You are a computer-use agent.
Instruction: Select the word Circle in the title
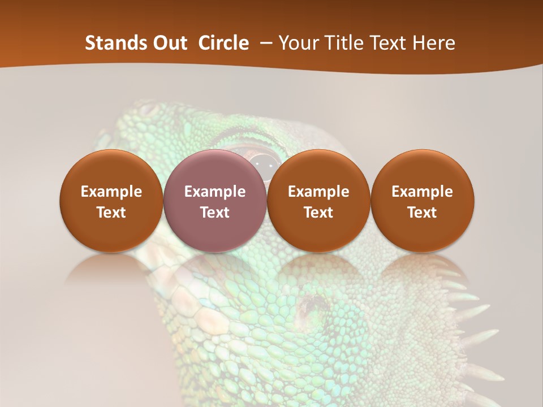(x=223, y=43)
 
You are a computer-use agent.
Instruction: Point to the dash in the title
(x=264, y=43)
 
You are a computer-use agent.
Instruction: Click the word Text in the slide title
(x=389, y=43)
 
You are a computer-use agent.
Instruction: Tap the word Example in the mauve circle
(x=215, y=192)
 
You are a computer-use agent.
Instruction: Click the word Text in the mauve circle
(x=215, y=213)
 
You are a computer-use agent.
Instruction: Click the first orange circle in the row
(x=111, y=201)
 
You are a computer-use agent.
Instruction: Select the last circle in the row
(x=422, y=201)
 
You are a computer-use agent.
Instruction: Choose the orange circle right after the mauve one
(x=318, y=201)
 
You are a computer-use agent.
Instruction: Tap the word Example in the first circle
(x=111, y=192)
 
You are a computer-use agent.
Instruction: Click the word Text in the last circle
(x=422, y=213)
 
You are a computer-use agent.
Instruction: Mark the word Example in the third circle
(x=318, y=192)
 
